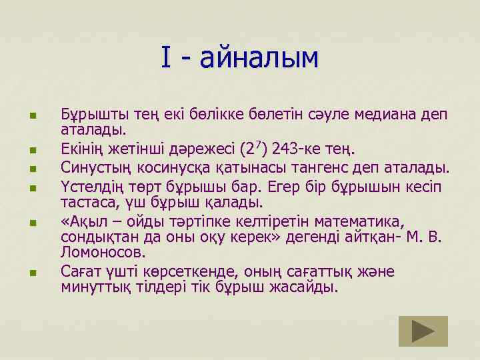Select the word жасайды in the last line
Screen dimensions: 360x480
(307, 288)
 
